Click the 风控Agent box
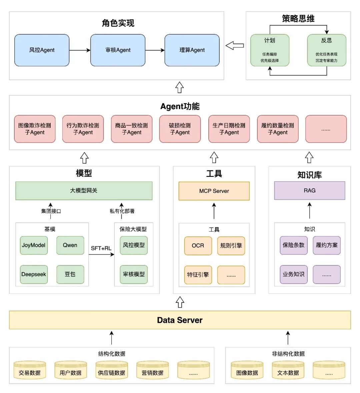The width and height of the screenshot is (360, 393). [x=42, y=50]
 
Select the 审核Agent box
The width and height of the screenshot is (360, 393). [x=118, y=50]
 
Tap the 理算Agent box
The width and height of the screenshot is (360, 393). [x=192, y=50]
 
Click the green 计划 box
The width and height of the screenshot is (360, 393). [x=270, y=50]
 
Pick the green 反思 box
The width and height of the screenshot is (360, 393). [x=326, y=50]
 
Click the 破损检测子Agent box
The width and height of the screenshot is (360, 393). [x=180, y=129]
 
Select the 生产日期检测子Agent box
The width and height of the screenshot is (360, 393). [x=229, y=129]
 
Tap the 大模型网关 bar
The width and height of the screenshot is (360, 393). [x=84, y=191]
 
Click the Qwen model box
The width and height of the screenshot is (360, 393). [x=70, y=245]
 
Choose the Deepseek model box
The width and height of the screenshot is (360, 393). [x=34, y=274]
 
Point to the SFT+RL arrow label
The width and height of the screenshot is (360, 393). [x=101, y=248]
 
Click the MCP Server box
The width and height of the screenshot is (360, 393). [x=214, y=191]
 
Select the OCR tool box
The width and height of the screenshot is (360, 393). [x=198, y=246]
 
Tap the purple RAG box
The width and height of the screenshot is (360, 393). [x=309, y=191]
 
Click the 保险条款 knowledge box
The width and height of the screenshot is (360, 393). [x=293, y=245]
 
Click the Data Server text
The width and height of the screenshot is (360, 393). [x=180, y=320]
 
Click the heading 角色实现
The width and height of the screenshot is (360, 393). [x=118, y=23]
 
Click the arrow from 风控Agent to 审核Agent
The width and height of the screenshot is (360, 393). [x=80, y=50]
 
